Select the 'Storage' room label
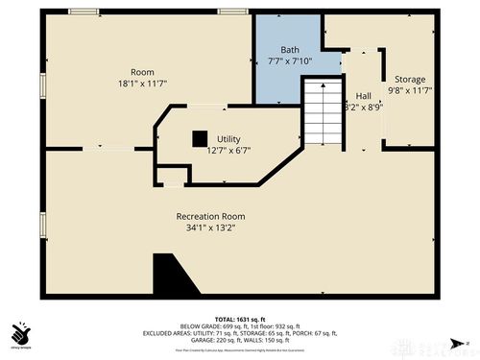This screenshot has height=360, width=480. click(406, 80)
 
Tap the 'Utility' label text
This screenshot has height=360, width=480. click(228, 139)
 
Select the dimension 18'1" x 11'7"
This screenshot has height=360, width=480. click(142, 84)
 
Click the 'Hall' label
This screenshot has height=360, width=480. click(364, 96)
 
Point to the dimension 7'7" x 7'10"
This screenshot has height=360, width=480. click(289, 60)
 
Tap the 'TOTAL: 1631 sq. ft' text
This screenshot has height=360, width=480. click(239, 318)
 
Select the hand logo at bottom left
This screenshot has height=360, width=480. click(20, 333)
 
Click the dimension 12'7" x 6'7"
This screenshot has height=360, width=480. click(228, 150)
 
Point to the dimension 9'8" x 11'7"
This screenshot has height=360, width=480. click(406, 90)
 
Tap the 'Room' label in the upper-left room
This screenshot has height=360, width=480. click(142, 72)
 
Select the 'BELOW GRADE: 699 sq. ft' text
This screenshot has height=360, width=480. click(210, 325)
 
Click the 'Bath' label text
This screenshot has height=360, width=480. click(289, 50)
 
